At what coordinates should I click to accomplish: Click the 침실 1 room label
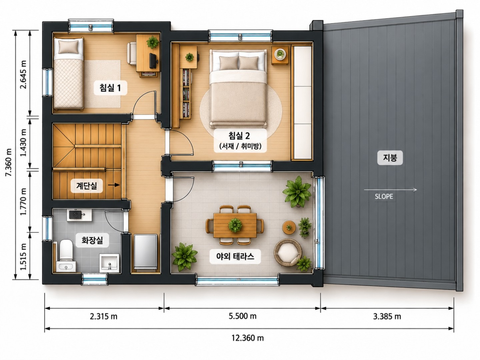[x=110, y=88]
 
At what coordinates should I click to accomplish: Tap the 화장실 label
[x=92, y=240]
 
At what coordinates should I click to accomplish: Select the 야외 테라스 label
[x=235, y=256]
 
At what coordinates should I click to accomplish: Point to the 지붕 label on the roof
[x=390, y=157]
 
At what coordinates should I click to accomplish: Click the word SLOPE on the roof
[x=384, y=197]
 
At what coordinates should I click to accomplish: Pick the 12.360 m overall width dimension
[x=248, y=338]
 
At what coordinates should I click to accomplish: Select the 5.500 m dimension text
[x=243, y=316]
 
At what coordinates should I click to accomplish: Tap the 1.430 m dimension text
[x=23, y=143]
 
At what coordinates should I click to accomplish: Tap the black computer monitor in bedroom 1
[x=153, y=60]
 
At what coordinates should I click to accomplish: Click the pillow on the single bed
[x=68, y=47]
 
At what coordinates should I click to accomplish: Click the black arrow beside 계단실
[x=114, y=185]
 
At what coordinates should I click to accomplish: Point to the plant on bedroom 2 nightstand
[x=280, y=54]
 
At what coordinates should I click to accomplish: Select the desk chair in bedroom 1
[x=132, y=54]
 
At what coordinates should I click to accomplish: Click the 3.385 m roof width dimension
[x=387, y=316]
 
